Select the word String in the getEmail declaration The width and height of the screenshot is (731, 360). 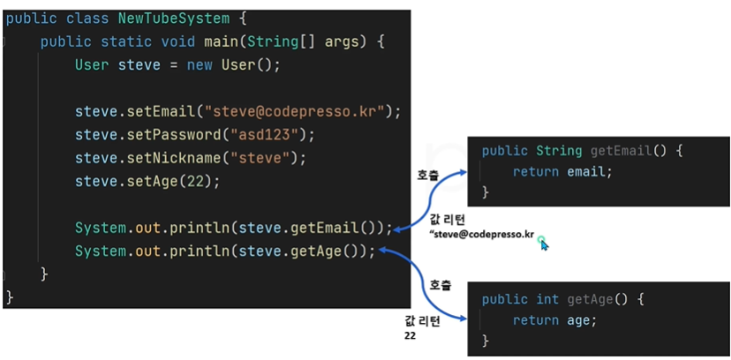[x=559, y=151]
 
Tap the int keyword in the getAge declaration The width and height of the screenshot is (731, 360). [x=547, y=299]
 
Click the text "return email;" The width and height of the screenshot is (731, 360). [x=561, y=171]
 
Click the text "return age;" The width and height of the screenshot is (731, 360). [x=554, y=320]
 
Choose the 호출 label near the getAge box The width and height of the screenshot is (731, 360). [x=440, y=286]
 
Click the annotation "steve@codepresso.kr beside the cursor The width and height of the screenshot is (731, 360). [x=481, y=234]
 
